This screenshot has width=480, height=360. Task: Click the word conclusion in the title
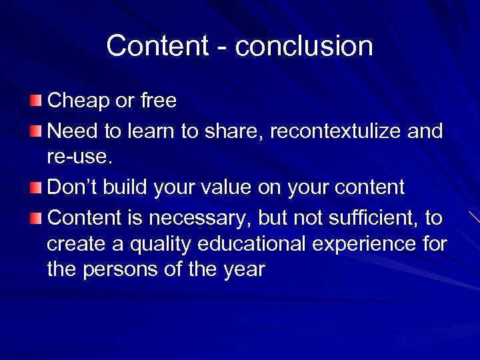[x=304, y=46]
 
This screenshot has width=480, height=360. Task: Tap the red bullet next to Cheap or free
[x=35, y=101]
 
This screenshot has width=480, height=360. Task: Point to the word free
[x=158, y=101]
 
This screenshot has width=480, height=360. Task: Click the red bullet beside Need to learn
[x=35, y=131]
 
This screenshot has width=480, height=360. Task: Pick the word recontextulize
[x=333, y=131]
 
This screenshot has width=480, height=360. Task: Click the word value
[x=236, y=188]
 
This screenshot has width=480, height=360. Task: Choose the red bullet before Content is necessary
[x=35, y=217]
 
